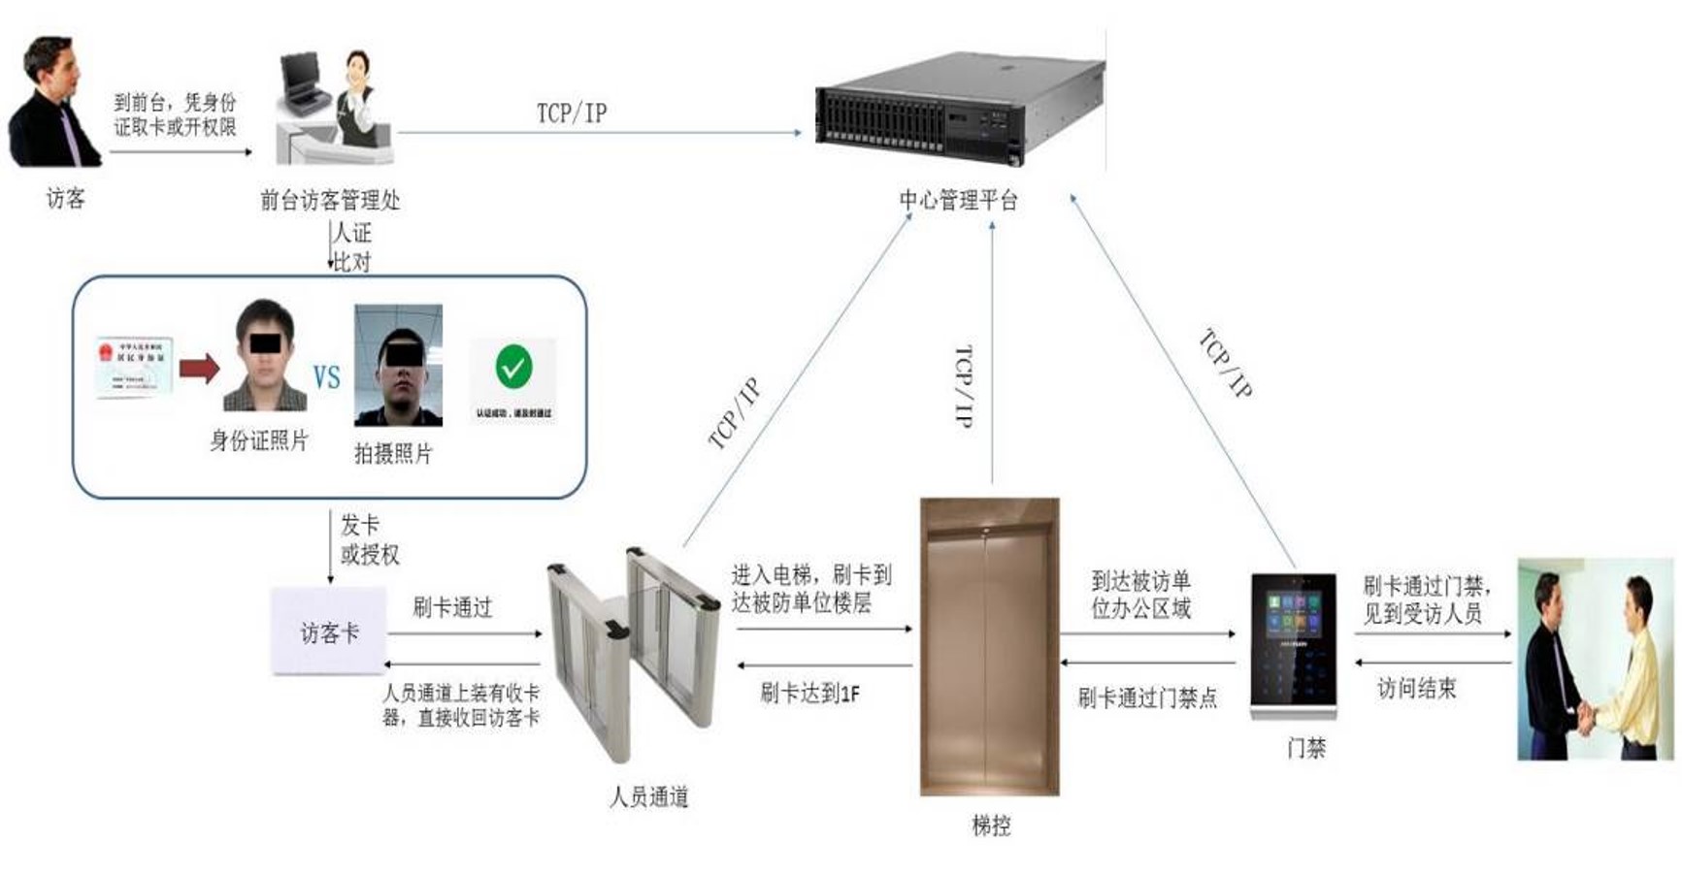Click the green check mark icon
point(513,368)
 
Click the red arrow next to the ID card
point(200,368)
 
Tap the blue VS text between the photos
point(326,377)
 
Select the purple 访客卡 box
point(329,632)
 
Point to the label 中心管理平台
point(958,201)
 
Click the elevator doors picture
point(989,645)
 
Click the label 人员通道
point(649,797)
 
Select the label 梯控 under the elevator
point(991,826)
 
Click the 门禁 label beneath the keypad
point(1306,748)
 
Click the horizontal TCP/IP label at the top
point(572,113)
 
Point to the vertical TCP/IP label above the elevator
point(964,386)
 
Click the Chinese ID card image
point(134,367)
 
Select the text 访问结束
point(1416,689)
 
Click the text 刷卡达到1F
point(809,693)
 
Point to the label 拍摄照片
point(392,453)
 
